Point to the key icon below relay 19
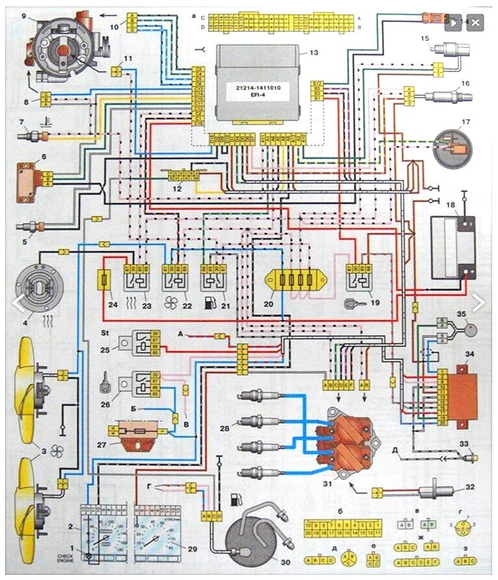click(357, 302)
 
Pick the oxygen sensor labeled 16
click(445, 97)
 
